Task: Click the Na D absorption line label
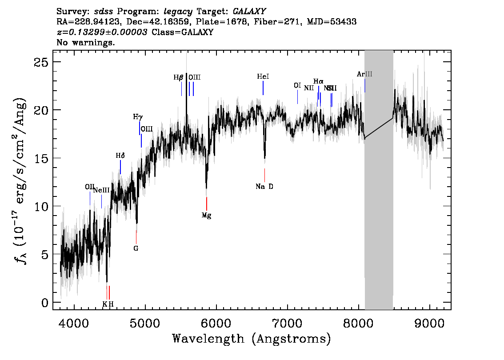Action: point(264,187)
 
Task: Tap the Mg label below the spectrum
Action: point(206,216)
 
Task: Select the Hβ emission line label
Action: point(178,77)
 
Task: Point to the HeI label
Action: point(263,76)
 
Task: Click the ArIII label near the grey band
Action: point(364,74)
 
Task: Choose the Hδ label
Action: point(120,156)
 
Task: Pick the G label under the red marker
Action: point(136,248)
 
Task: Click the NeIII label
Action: point(101,190)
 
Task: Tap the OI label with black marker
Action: point(297,85)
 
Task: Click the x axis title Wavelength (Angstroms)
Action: point(252,339)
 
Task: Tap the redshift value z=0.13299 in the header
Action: point(102,32)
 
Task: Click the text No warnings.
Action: point(86,43)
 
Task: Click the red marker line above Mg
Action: point(207,203)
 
